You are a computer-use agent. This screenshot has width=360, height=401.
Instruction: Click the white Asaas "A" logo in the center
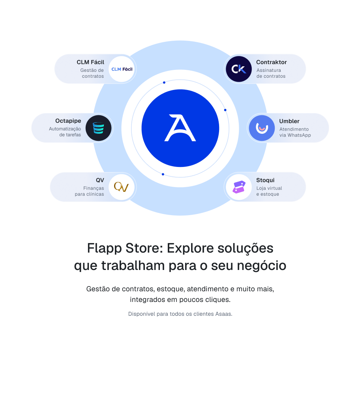tap(180, 128)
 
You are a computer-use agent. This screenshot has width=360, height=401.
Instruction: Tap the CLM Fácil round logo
tap(122, 69)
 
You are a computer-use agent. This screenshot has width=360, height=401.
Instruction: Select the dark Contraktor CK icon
tap(239, 69)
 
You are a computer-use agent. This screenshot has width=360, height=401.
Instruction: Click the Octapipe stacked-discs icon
tap(99, 128)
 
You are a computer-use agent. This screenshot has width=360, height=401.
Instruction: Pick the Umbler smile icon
tap(262, 128)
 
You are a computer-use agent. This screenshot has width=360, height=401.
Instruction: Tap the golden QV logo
tap(122, 187)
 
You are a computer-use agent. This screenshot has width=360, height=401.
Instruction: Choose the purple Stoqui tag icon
tap(239, 187)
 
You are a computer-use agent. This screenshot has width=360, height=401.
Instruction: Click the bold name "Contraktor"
tap(272, 62)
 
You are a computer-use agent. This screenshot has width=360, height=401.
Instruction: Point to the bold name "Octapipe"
tap(68, 121)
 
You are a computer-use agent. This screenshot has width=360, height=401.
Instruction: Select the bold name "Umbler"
tap(289, 121)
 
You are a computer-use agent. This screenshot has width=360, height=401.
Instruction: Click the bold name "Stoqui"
tap(265, 180)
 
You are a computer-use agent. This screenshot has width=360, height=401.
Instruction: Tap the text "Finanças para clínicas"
tap(89, 191)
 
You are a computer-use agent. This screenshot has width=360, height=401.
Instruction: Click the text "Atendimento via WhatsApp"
tap(295, 132)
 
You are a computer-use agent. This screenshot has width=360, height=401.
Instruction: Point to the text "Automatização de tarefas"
tap(65, 132)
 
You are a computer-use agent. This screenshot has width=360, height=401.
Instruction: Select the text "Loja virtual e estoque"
tap(269, 191)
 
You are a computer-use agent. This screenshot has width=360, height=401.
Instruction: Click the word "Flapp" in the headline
tap(104, 249)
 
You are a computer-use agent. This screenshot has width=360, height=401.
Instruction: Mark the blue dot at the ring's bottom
tap(163, 174)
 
